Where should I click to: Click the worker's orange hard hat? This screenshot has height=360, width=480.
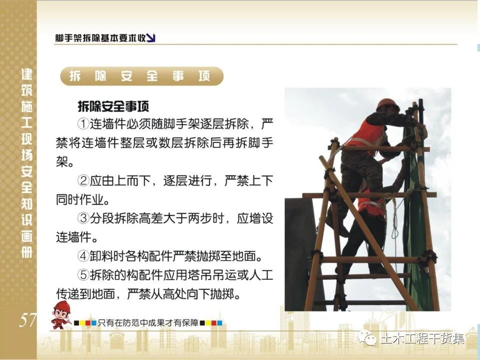point(387,104)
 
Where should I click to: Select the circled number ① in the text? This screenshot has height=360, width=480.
point(83,123)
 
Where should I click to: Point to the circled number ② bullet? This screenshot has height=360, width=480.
point(83,181)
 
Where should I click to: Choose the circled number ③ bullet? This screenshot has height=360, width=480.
point(83,219)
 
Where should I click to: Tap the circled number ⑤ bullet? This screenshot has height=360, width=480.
point(83,275)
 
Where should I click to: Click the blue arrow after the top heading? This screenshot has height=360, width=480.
point(151,37)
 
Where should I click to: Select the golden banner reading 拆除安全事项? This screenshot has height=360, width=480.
point(140,76)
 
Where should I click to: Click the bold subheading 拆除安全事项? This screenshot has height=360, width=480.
point(113,105)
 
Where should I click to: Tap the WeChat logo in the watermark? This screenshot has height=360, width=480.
point(370,338)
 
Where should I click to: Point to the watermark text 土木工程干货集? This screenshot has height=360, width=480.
point(422,338)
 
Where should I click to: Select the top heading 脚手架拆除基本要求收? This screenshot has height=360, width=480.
point(100,38)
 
